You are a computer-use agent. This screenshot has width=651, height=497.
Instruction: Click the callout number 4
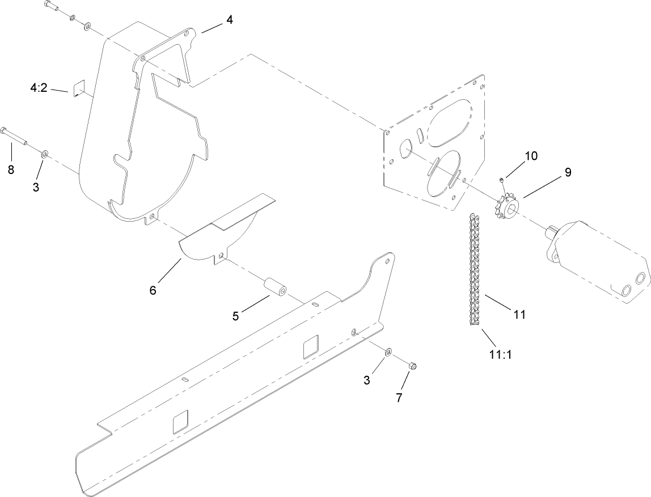click(229, 20)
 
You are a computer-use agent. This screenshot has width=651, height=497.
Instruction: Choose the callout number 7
click(399, 398)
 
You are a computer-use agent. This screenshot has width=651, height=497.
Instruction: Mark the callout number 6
click(153, 290)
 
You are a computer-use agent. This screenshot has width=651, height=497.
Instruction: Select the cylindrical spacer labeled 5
click(275, 288)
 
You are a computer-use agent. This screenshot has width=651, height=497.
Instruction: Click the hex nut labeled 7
click(412, 367)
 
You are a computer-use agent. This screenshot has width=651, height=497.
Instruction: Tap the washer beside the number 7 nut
click(387, 352)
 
